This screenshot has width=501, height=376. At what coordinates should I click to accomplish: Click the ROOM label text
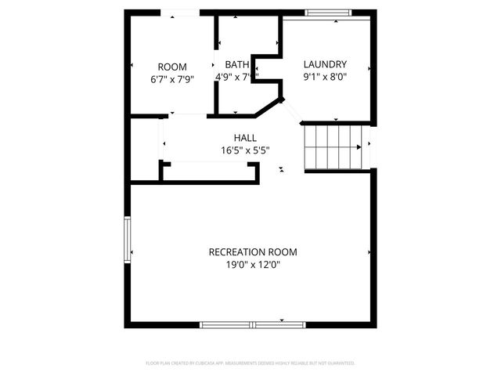point(172,67)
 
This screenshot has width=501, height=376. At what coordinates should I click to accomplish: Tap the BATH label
point(236,64)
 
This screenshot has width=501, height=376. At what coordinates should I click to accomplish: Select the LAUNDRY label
point(325,64)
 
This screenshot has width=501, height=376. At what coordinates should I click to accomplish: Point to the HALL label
point(245,138)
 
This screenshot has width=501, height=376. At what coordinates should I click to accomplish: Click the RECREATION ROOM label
point(253,251)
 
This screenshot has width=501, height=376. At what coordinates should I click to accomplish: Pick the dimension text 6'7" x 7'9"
point(172,78)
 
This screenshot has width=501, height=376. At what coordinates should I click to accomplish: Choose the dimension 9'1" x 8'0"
point(325,77)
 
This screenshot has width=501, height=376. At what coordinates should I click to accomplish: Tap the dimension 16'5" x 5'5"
point(245,150)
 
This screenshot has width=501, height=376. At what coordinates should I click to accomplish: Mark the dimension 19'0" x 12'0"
point(253,265)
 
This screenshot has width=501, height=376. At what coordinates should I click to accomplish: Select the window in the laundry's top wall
point(327,12)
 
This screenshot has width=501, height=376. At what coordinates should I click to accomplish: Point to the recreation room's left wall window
point(127,239)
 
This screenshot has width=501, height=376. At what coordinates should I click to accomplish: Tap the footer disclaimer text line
point(250,363)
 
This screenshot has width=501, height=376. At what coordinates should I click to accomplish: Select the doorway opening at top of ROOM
point(178,12)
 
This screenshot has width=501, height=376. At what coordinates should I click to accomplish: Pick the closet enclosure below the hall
point(210,172)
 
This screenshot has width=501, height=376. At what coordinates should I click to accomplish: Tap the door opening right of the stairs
point(371,146)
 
